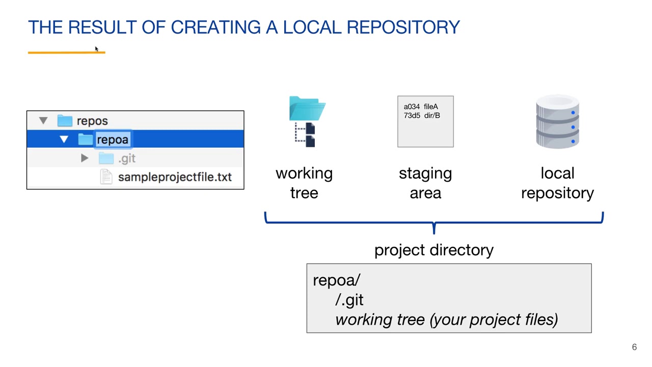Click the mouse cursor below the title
96,49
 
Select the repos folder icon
65,121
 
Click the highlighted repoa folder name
113,140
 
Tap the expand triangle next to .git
85,159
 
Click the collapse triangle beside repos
43,121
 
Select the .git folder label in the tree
127,159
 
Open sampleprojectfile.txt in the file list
174,177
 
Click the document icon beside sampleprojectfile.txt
106,177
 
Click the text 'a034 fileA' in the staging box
421,107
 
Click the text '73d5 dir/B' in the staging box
422,116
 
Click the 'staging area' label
425,183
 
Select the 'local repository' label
557,183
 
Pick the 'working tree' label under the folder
304,183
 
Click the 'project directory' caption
433,250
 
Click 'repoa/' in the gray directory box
336,280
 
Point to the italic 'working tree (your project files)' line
446,320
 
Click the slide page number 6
634,347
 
